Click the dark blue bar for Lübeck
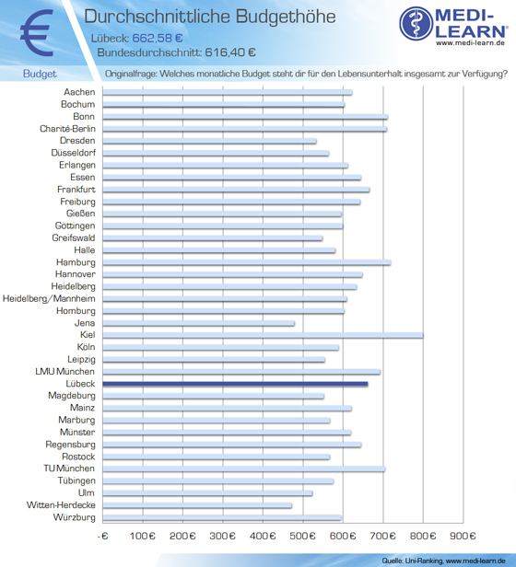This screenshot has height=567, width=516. (235, 384)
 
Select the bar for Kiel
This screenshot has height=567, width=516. (263, 335)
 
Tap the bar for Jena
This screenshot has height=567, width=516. (199, 323)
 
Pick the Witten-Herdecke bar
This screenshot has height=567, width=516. (197, 505)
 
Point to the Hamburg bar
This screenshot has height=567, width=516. (247, 262)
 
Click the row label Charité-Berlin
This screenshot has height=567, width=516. (67, 129)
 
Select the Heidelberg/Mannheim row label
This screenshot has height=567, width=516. (49, 298)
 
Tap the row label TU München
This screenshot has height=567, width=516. (69, 469)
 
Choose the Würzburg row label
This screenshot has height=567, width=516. (75, 517)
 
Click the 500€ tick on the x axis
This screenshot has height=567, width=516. (303, 536)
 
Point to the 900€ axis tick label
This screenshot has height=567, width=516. (463, 536)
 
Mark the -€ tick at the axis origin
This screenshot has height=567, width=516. (103, 536)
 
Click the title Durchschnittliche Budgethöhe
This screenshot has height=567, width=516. (210, 17)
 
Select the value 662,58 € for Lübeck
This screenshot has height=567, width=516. (158, 38)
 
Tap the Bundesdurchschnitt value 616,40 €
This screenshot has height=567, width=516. (230, 52)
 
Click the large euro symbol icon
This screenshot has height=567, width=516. (37, 32)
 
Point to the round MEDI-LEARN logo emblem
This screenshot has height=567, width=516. (416, 23)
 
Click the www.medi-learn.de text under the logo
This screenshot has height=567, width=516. (470, 42)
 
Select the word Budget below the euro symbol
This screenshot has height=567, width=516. (40, 74)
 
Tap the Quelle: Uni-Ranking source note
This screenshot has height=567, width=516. (443, 561)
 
